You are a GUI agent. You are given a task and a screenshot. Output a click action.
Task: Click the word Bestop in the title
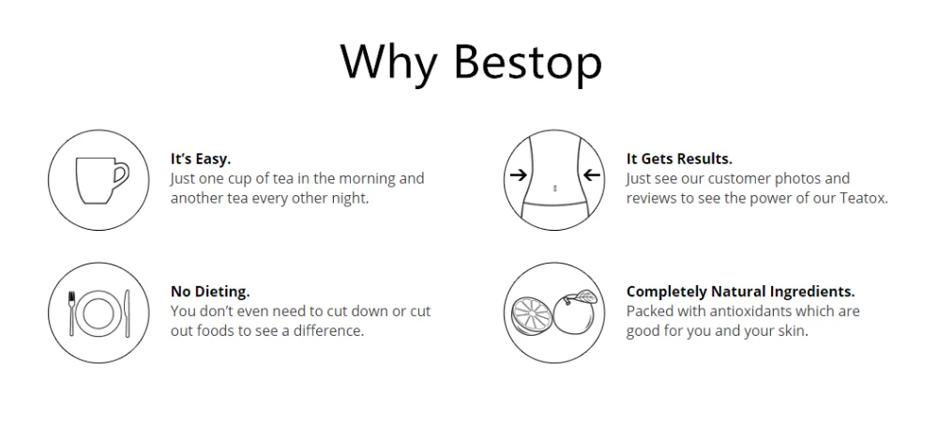(x=527, y=62)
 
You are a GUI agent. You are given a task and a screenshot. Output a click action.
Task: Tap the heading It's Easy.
(x=201, y=159)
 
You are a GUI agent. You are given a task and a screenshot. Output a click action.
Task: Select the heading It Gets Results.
(x=679, y=159)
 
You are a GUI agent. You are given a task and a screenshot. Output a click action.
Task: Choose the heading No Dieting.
(x=210, y=292)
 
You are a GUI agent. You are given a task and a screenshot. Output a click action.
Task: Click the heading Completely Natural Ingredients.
(x=741, y=292)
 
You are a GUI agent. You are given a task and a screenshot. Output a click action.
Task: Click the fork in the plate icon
(x=72, y=312)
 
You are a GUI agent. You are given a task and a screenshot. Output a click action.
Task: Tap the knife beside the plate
(x=127, y=312)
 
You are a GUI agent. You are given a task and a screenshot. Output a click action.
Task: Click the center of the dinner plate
(x=98, y=313)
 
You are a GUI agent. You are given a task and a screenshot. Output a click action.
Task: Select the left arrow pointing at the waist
(x=519, y=174)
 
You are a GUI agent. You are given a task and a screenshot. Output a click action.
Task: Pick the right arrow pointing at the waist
(x=591, y=174)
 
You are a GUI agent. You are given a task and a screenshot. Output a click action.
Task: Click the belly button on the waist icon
(x=555, y=189)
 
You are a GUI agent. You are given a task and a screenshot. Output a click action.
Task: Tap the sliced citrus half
(x=531, y=316)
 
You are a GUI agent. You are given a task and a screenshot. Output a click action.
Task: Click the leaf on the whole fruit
(x=585, y=296)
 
